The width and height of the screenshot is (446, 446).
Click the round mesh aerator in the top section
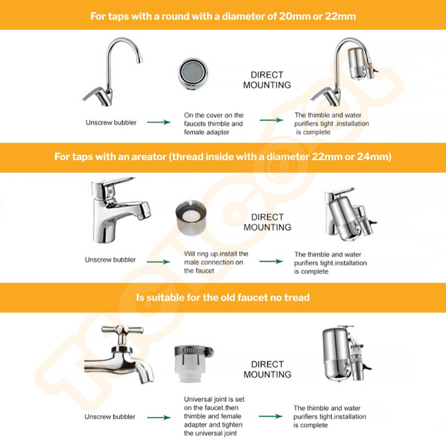click(193, 73)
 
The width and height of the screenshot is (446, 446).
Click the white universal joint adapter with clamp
click(194, 365)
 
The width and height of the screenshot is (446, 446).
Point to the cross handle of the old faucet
click(122, 330)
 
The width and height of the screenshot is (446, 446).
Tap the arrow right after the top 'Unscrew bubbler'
click(159, 122)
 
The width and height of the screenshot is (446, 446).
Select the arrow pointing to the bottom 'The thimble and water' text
click(271, 416)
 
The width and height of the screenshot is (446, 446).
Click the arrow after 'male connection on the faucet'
click(271, 261)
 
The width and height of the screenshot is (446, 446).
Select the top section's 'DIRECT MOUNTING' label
click(267, 80)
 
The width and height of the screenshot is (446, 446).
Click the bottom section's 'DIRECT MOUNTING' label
click(267, 369)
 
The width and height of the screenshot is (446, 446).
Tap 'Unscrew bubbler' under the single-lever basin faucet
click(110, 260)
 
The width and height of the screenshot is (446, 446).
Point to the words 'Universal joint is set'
click(214, 399)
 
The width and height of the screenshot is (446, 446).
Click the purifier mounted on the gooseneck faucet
click(361, 63)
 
